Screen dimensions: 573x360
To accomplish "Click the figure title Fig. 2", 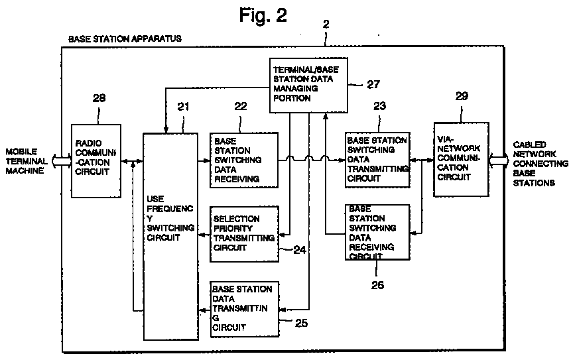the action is (x=263, y=15).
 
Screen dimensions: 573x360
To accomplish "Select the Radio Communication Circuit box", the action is (x=96, y=161).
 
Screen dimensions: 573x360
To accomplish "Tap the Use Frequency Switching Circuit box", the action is (x=170, y=237).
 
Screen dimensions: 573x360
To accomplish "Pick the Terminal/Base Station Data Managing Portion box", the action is (x=308, y=85).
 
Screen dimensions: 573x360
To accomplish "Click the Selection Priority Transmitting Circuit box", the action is (x=245, y=234).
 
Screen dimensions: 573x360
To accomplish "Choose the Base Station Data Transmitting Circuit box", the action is (x=245, y=309).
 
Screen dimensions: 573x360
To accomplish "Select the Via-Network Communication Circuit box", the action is (x=461, y=159).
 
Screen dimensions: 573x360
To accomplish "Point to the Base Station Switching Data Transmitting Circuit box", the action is (x=377, y=160).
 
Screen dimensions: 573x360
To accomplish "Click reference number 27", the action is (x=373, y=84).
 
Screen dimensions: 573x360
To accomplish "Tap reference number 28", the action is (x=99, y=98).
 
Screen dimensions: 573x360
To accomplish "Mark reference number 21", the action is (x=184, y=106).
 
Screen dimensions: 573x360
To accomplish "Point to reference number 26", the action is (x=377, y=284).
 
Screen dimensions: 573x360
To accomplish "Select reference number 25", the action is (x=301, y=323).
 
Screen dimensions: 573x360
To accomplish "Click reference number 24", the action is (x=300, y=250).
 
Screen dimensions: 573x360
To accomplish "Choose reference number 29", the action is (x=462, y=95).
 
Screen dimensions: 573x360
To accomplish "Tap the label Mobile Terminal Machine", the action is (x=27, y=161).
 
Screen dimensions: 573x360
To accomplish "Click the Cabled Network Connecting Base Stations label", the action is (x=541, y=163).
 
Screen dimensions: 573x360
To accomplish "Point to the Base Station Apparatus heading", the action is (x=125, y=38).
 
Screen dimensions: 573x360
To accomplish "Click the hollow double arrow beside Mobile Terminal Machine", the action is (x=62, y=160).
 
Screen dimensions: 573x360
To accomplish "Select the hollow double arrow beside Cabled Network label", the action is (x=499, y=160).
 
